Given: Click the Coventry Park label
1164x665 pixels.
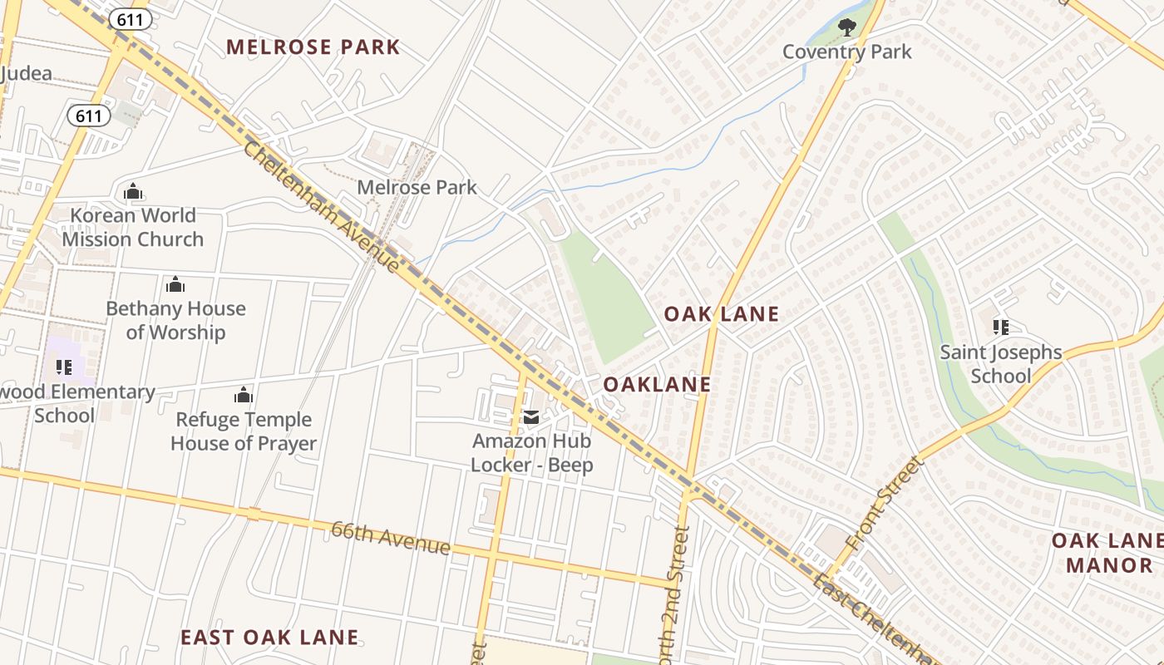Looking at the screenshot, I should click(846, 52).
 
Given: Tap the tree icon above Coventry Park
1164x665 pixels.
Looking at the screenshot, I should click(846, 27).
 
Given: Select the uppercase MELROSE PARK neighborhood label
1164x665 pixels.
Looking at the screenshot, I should click(313, 47).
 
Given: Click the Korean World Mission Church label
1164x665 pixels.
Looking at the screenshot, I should click(133, 227).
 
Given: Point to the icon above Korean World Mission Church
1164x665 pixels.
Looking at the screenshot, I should click(133, 192).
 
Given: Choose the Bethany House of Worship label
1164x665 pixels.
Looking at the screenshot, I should click(175, 320).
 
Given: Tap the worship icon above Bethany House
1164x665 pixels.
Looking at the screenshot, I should click(175, 285).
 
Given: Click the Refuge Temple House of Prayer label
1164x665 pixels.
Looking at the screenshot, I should click(244, 431).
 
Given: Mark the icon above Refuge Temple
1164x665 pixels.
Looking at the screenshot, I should click(244, 395).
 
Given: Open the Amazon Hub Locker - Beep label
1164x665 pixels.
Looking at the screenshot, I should click(532, 453).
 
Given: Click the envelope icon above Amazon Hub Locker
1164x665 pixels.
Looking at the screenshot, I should click(531, 417).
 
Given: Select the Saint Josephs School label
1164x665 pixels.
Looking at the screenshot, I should click(1001, 364).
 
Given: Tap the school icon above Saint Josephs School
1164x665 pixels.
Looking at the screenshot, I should click(1001, 328).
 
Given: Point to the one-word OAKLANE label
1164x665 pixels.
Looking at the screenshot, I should click(657, 384).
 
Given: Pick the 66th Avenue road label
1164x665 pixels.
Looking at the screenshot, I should click(391, 538).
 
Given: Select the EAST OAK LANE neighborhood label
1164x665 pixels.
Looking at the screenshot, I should click(269, 638).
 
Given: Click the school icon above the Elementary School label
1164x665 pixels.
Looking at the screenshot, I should click(63, 367).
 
